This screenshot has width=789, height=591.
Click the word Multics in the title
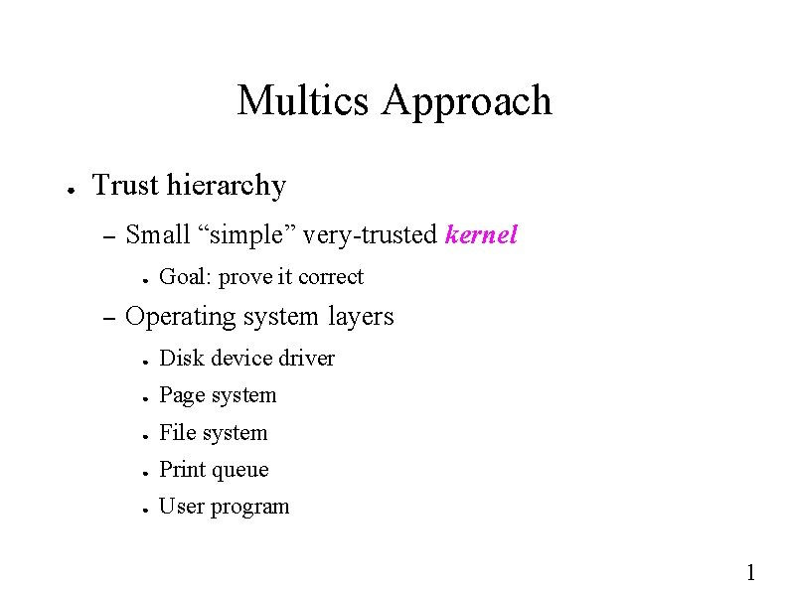tap(303, 100)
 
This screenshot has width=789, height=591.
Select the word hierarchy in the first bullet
tap(227, 186)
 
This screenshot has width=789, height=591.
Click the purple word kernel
tap(482, 235)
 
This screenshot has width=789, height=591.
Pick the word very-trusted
tap(370, 235)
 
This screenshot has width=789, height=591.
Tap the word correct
tap(332, 277)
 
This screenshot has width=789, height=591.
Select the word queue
tap(241, 470)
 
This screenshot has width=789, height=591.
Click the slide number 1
tap(751, 571)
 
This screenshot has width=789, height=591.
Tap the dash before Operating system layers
tap(109, 318)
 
